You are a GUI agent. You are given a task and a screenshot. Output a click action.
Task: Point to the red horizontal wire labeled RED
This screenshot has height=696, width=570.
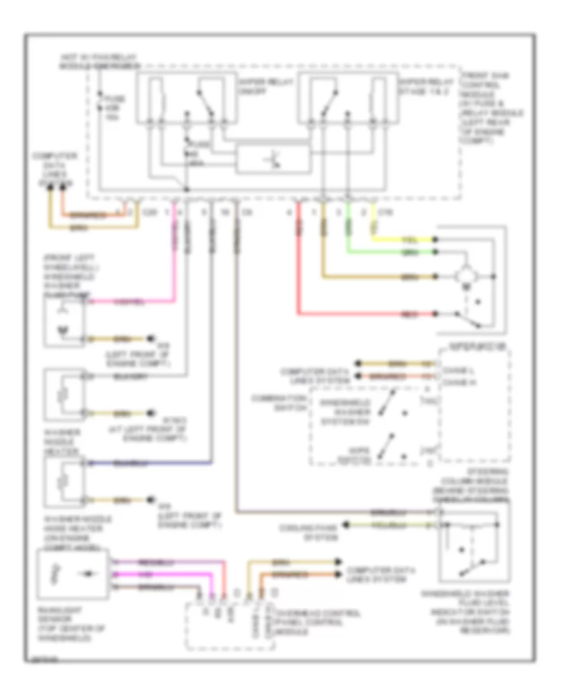[x=367, y=314]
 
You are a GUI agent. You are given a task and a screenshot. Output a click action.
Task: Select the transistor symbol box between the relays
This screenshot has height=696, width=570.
[x=274, y=159]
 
